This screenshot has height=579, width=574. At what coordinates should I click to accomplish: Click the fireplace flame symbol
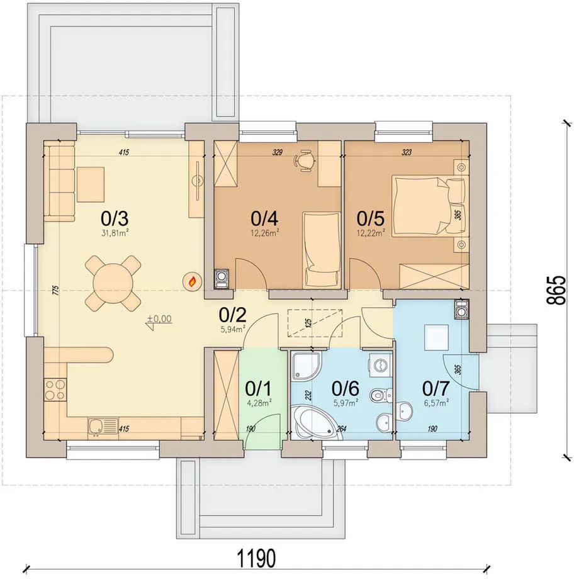pos(193,282)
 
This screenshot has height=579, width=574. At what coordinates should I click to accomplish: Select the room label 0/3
pos(115,218)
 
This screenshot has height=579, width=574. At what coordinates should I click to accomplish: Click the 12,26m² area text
pos(264,233)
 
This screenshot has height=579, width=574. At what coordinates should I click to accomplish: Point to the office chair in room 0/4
pos(305,160)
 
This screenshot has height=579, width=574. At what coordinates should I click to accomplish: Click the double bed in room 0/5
pos(429,205)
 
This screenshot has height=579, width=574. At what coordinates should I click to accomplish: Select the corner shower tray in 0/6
pos(306,366)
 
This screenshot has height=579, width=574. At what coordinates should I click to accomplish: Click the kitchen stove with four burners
pos(55,390)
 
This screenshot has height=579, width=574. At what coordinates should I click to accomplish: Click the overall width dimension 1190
pos(256,558)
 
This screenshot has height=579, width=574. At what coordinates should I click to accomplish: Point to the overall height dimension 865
pos(556,290)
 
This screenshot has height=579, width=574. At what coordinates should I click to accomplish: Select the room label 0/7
pos(436,388)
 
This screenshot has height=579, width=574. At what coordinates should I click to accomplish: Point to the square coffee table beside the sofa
pos(91,184)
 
